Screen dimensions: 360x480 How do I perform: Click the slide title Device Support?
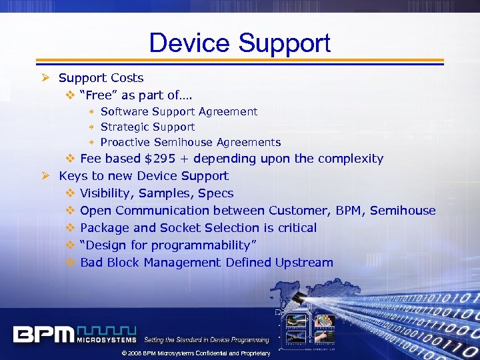pos(239,43)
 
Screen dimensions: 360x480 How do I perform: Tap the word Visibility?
pos(105,193)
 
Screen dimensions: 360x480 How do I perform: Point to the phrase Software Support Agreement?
pos(179,112)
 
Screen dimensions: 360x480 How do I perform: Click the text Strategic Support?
pos(147,127)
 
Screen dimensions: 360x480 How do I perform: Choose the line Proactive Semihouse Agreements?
pos(190,142)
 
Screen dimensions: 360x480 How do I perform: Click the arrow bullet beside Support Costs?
pos(45,78)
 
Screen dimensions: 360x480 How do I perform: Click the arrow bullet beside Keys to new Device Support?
pos(45,176)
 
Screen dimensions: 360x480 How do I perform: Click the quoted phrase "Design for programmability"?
pos(164,245)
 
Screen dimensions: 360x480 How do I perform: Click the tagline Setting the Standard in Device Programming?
pos(207,340)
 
